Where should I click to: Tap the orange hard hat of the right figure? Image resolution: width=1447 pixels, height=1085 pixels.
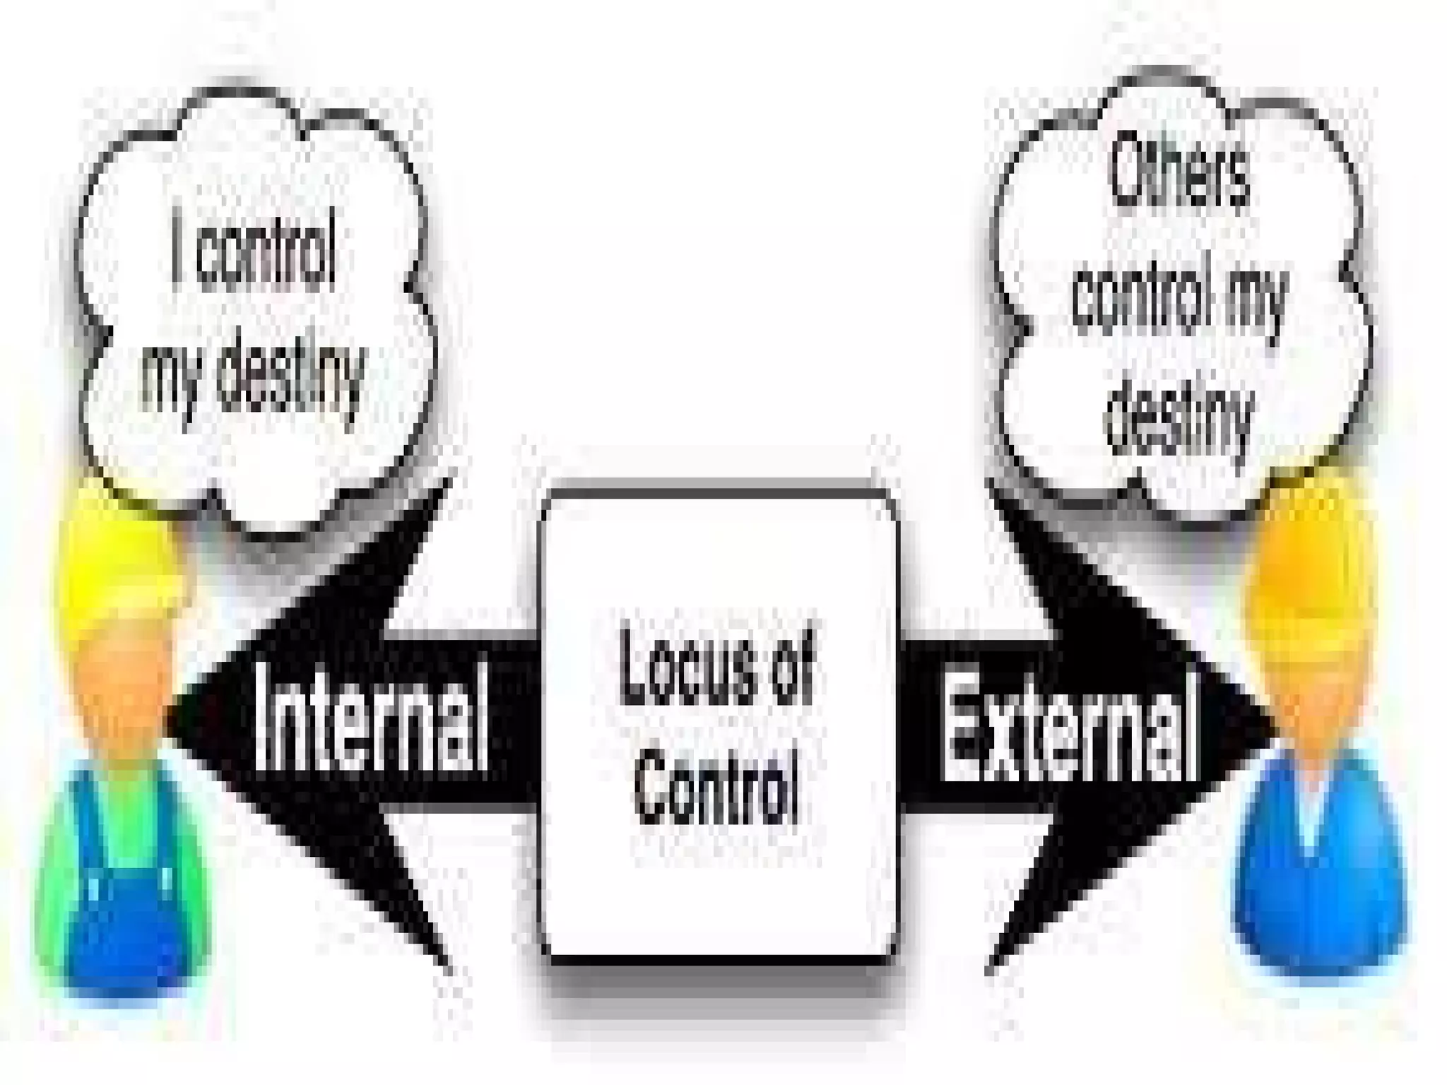(x=1307, y=565)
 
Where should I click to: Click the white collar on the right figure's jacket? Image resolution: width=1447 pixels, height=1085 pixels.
(x=1311, y=812)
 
